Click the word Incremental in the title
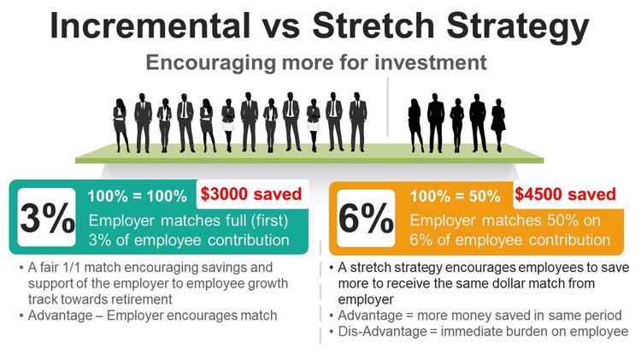point(150,26)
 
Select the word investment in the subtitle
point(431,62)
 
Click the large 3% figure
point(47,218)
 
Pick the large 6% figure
point(366,218)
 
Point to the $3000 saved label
point(251,193)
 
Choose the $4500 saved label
point(565,194)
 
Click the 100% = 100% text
point(138,197)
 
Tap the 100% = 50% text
point(455,197)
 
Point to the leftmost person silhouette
point(121,125)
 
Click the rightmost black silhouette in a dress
point(498,125)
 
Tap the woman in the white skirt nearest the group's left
point(228,125)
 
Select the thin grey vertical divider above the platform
point(387,106)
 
